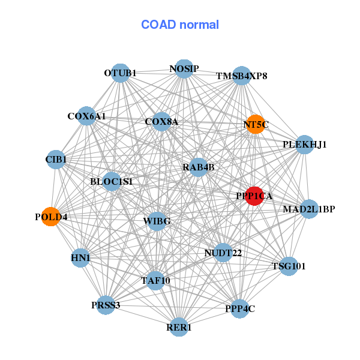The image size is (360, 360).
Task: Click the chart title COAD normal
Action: pyautogui.click(x=180, y=25)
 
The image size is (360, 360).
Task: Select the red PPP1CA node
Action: pyautogui.click(x=255, y=196)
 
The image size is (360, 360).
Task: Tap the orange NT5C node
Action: pyautogui.click(x=255, y=124)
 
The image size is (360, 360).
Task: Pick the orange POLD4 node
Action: pyautogui.click(x=51, y=217)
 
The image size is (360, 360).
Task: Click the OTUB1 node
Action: pyautogui.click(x=121, y=73)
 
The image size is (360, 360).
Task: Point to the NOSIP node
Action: pyautogui.click(x=184, y=68)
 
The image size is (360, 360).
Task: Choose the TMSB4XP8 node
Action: pyautogui.click(x=241, y=76)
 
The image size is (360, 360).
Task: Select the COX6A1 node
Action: pyautogui.click(x=86, y=116)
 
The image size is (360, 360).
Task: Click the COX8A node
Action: pyautogui.click(x=161, y=122)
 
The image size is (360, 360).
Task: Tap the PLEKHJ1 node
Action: pyautogui.click(x=304, y=144)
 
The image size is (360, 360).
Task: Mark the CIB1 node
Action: pyautogui.click(x=56, y=159)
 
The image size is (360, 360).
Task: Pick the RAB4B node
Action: pyautogui.click(x=198, y=167)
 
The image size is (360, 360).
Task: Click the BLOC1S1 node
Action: pyautogui.click(x=112, y=181)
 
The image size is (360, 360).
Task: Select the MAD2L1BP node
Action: pyautogui.click(x=308, y=209)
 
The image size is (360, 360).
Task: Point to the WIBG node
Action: pyautogui.click(x=157, y=221)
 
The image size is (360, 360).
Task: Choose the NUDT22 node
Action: pyautogui.click(x=223, y=253)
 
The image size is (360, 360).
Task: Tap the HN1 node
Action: pyautogui.click(x=80, y=258)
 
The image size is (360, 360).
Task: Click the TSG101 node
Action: pyautogui.click(x=289, y=266)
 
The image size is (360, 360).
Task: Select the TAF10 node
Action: pyautogui.click(x=155, y=280)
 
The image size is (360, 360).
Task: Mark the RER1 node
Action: pyautogui.click(x=179, y=327)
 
